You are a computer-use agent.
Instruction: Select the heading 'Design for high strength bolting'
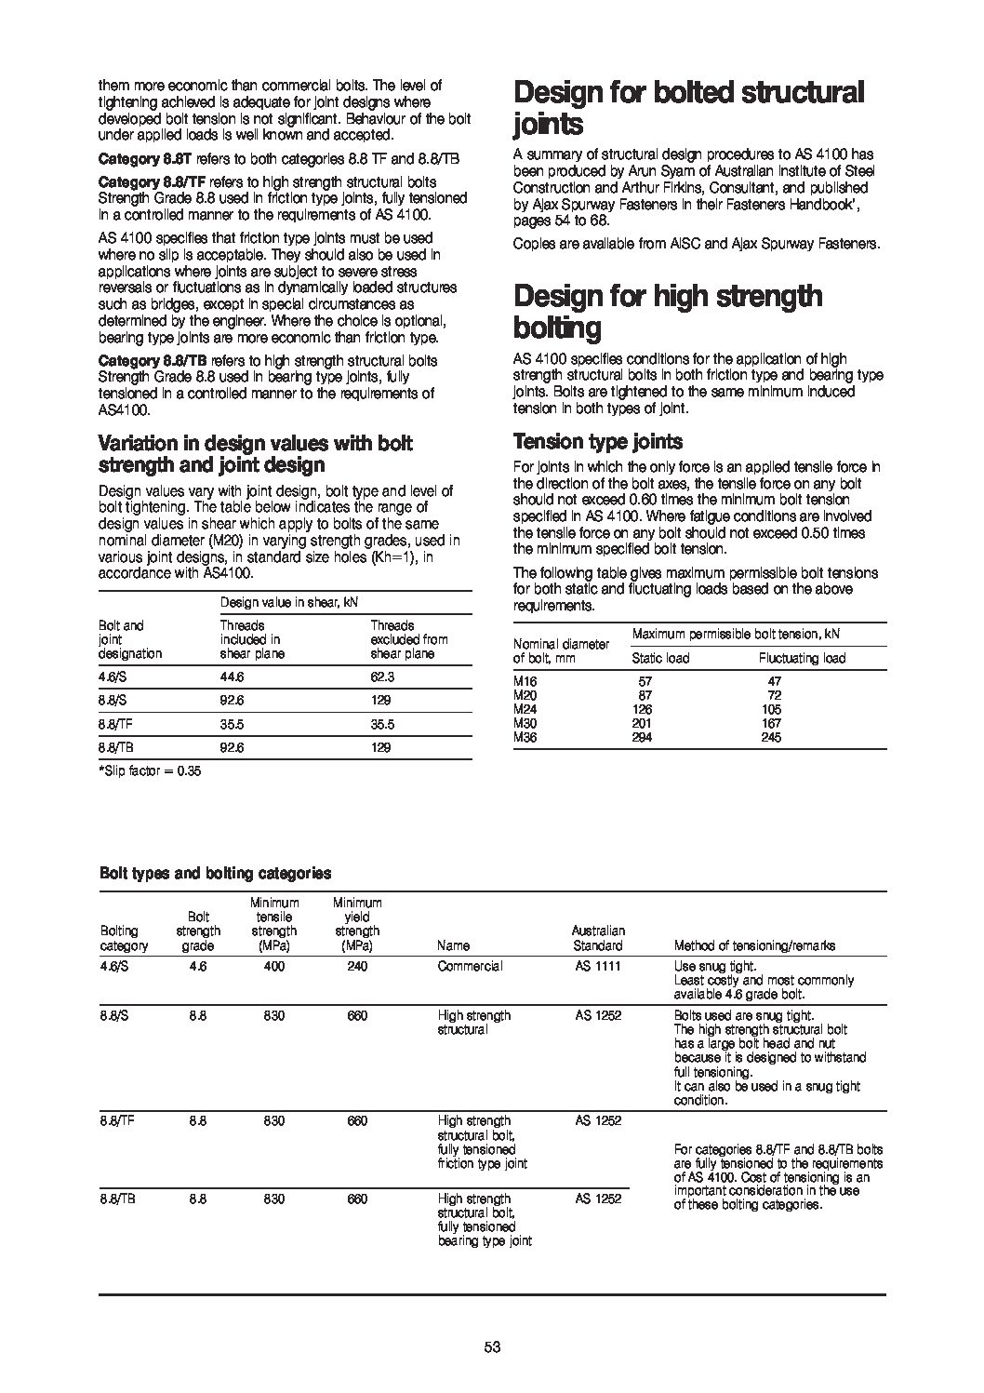coord(668,312)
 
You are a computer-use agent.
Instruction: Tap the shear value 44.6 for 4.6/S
coord(233,677)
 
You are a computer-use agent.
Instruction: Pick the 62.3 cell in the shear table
coord(382,677)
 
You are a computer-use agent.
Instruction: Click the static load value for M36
coord(642,737)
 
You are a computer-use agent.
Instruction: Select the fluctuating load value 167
coord(771,723)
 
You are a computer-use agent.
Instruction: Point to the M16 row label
coord(525,681)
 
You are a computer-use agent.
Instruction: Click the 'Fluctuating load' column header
coord(802,658)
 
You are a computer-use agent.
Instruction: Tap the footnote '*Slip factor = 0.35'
coord(150,770)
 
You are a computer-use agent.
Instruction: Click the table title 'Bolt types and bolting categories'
coord(215,873)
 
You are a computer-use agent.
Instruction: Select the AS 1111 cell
coord(597,966)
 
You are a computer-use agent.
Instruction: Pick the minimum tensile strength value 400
coord(273,966)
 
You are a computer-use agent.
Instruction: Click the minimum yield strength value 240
coord(357,966)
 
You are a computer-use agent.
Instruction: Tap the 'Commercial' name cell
coord(470,966)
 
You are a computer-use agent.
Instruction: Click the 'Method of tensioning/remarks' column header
coord(754,945)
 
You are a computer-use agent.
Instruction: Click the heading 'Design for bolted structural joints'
coord(689,108)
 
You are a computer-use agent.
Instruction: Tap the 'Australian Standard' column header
coord(598,938)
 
